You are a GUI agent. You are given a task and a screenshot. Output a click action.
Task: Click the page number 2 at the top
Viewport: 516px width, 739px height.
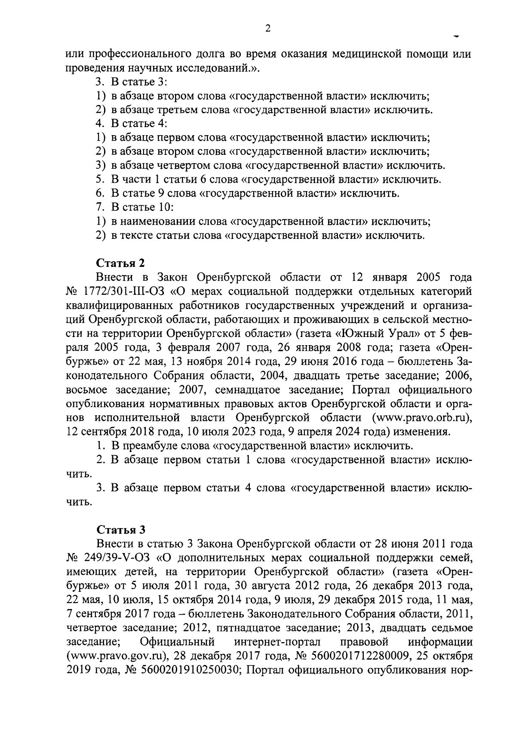coord(267,28)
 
